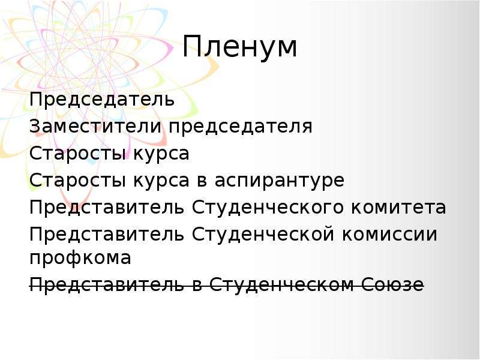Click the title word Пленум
239,47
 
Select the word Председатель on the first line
102,100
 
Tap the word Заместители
95,126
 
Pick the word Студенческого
268,208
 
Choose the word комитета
398,207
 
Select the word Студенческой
263,234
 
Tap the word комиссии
389,235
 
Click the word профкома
80,259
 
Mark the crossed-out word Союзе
393,284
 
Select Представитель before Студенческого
107,208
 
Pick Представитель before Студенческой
107,235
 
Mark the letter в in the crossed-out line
197,286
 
